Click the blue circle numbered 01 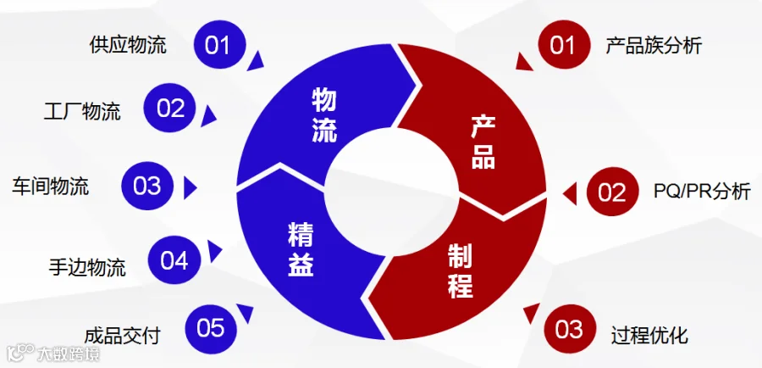click(218, 45)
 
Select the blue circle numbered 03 click(146, 186)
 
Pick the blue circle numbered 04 click(174, 260)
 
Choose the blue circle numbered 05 click(211, 329)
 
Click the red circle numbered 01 click(564, 45)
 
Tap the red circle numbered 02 click(612, 192)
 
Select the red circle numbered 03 click(569, 329)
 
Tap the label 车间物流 click(51, 187)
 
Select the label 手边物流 click(87, 267)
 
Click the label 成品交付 click(123, 336)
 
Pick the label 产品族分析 click(654, 46)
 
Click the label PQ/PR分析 click(702, 192)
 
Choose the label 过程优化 click(649, 337)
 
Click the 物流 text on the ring click(324, 116)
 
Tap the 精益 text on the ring click(301, 248)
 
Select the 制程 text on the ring click(461, 273)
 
